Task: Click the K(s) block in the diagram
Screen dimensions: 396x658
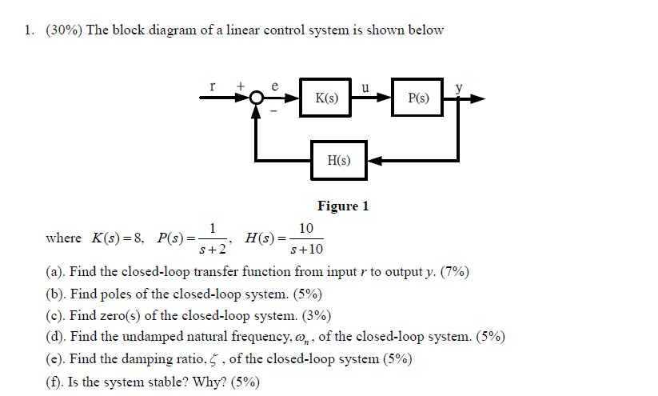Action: pos(326,99)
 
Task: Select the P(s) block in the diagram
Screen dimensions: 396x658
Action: pos(417,99)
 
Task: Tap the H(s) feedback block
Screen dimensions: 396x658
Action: pos(339,161)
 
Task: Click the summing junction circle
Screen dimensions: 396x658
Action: pos(257,99)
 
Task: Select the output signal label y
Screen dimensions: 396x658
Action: pos(460,87)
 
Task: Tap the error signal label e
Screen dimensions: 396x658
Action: pos(275,85)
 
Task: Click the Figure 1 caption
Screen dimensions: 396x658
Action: pos(343,206)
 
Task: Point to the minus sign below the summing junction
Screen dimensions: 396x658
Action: pos(272,114)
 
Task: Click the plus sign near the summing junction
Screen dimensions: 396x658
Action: pos(239,85)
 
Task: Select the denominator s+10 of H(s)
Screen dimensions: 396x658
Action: pos(306,249)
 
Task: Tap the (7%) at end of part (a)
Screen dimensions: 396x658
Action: pos(455,272)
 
